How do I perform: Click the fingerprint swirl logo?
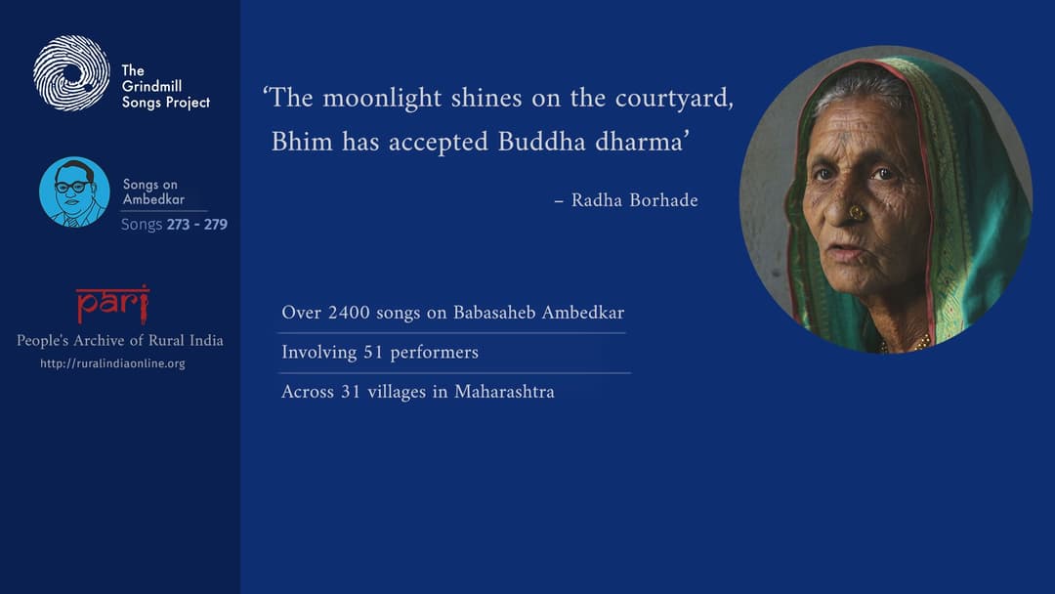click(x=71, y=72)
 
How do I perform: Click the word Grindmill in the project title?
click(x=151, y=86)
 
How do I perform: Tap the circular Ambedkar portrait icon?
click(x=74, y=191)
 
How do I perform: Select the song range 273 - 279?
click(x=196, y=225)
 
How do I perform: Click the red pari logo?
click(x=112, y=304)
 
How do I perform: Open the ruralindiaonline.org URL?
click(x=112, y=363)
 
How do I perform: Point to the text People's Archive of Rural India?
click(x=119, y=341)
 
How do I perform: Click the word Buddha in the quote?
click(x=538, y=142)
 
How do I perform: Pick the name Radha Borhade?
click(x=634, y=200)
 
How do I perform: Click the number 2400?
click(x=350, y=313)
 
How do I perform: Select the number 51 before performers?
click(x=374, y=352)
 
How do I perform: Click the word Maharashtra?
click(x=504, y=392)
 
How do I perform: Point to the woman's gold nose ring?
click(x=855, y=212)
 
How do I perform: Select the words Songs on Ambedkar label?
click(x=151, y=191)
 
